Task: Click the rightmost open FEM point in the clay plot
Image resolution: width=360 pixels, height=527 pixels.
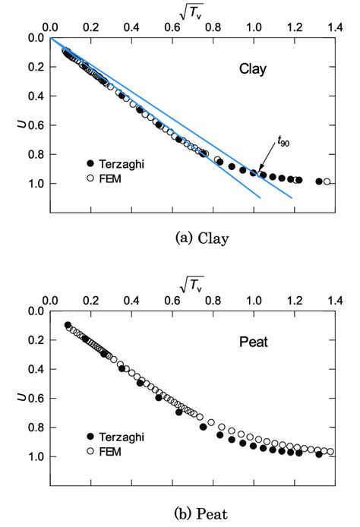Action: pos(327,181)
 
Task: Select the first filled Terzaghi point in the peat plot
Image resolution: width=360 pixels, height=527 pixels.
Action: pos(68,325)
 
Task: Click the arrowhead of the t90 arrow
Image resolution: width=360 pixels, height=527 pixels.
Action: pos(255,171)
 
